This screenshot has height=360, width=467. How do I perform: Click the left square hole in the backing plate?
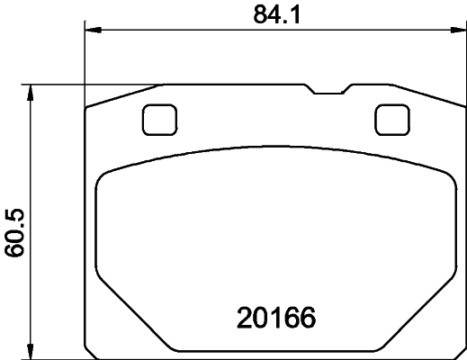click(x=160, y=119)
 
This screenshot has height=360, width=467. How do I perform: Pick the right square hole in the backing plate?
click(x=391, y=119)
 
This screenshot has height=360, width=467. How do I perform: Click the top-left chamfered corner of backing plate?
click(x=121, y=95)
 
